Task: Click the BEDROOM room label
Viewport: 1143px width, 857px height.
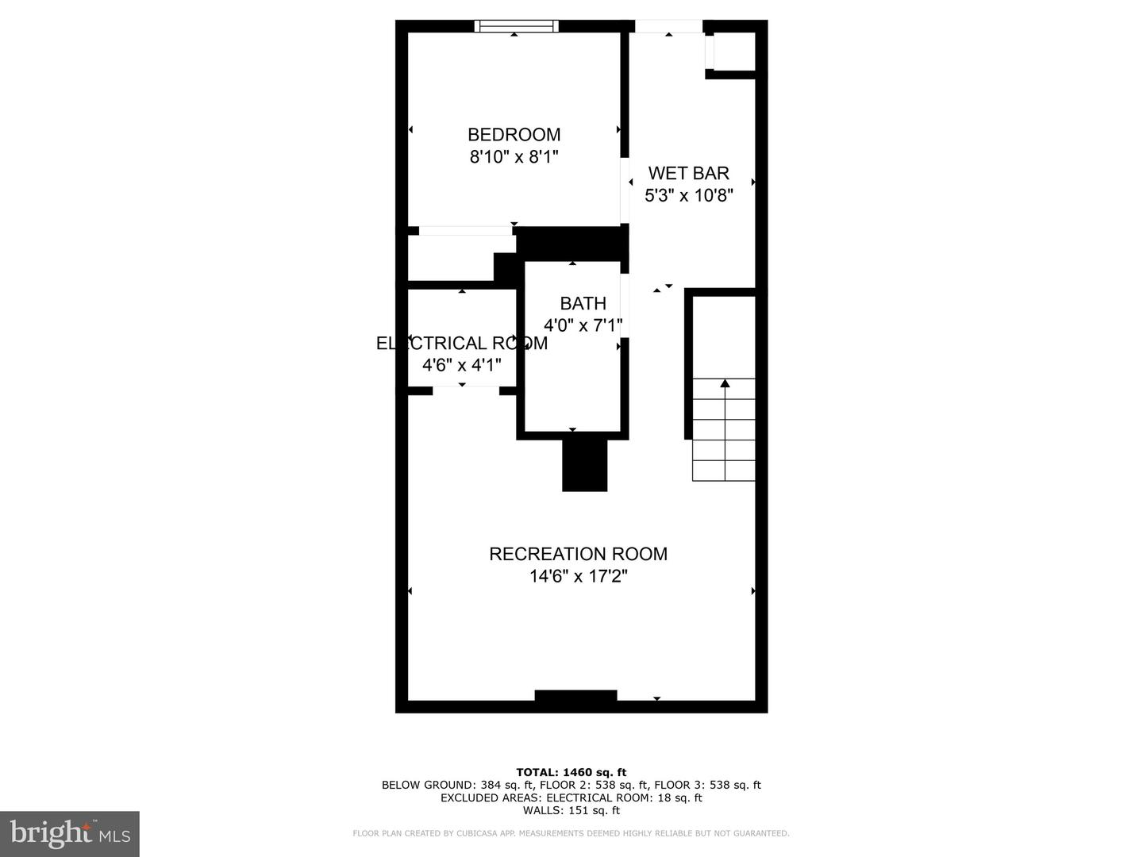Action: coord(514,135)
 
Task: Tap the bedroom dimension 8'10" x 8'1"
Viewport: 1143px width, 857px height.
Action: coord(514,157)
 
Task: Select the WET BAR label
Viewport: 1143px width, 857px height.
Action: coord(688,173)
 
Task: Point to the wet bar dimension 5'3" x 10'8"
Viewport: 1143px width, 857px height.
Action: coord(688,195)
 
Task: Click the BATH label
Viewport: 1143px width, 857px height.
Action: coord(583,303)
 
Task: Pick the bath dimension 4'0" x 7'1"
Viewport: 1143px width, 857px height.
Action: coord(583,325)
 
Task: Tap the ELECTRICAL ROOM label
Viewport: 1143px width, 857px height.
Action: coord(461,344)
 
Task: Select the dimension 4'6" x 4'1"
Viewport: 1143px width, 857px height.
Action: coord(461,365)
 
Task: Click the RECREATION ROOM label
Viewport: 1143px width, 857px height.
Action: coord(578,554)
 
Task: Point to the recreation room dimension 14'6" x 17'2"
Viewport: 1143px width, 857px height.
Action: coord(578,576)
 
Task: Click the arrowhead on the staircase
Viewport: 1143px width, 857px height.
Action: coord(725,384)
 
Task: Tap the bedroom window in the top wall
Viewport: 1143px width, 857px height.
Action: coord(516,26)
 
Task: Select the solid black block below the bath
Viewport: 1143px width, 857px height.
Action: coord(584,465)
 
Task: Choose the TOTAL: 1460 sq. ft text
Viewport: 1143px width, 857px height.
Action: coord(571,772)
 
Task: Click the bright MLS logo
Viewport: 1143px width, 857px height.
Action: coord(70,833)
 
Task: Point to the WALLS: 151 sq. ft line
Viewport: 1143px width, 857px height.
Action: coord(571,810)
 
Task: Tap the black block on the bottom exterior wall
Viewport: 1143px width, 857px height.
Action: coord(575,696)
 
